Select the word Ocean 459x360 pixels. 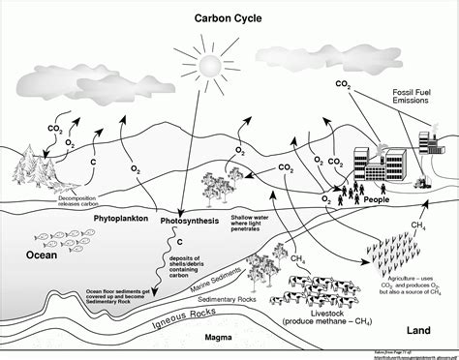tap(42, 228)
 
